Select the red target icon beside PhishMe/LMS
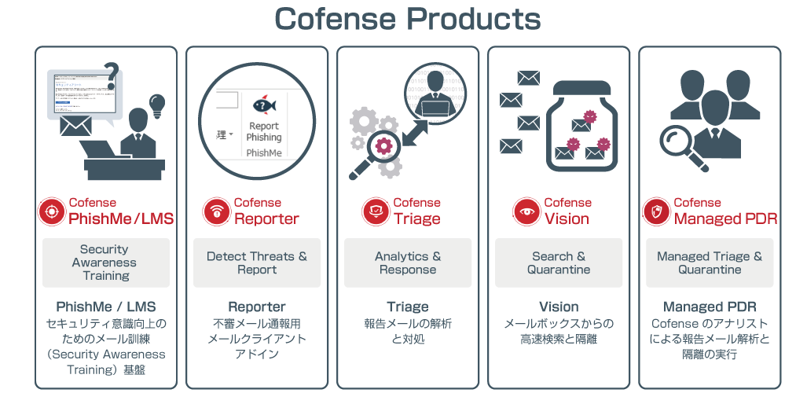52,211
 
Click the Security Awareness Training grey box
106,263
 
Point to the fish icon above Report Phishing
262,105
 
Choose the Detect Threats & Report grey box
257,263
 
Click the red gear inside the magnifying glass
384,145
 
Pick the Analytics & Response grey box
408,263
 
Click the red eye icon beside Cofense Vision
525,211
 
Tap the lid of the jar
586,87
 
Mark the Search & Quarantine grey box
559,263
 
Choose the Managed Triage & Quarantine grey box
710,263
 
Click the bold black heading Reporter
257,307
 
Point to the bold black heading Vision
559,307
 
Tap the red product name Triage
416,219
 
